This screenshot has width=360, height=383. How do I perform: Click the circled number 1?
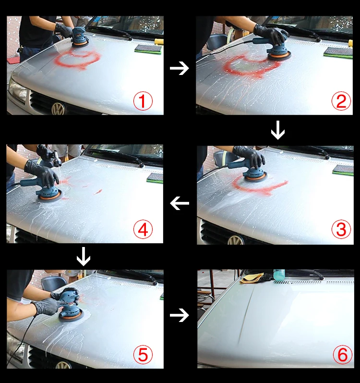[143, 101]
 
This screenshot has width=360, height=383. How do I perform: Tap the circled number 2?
[341, 101]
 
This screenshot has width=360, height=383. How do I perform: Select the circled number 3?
[341, 229]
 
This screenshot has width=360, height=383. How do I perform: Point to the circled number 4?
[143, 230]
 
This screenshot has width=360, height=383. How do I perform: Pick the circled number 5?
[143, 355]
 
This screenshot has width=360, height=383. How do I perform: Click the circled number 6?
[343, 355]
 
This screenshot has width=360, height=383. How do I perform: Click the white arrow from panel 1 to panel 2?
[179, 68]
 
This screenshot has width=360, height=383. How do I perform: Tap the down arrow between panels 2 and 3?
[278, 130]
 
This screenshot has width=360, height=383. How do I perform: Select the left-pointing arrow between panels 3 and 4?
[180, 203]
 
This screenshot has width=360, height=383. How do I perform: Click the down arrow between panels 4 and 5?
[84, 257]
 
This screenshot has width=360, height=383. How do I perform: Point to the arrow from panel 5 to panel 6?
[179, 315]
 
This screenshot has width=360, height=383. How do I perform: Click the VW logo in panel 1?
[58, 109]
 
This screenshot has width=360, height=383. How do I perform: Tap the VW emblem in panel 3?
[235, 240]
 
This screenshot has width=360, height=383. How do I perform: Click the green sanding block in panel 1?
[148, 49]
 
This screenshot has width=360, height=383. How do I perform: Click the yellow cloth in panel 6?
[251, 278]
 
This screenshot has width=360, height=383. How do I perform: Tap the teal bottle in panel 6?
[279, 274]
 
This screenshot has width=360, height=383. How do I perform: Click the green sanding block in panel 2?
[338, 52]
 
